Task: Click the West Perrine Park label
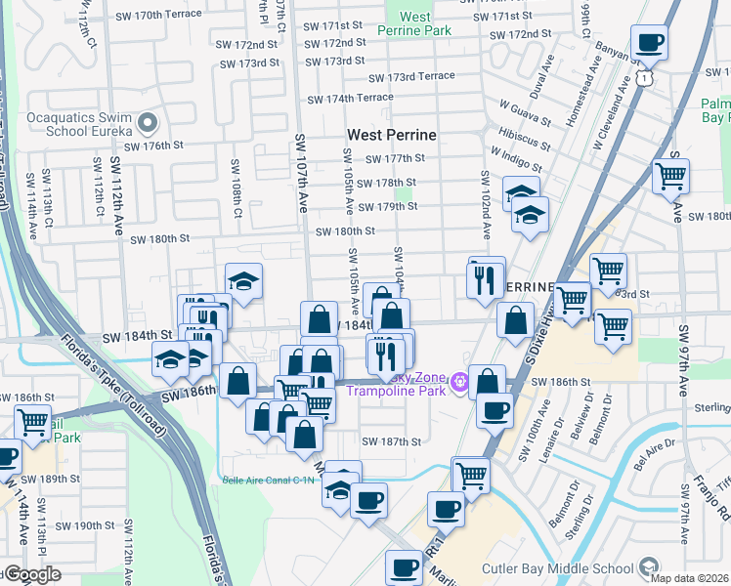pos(415,24)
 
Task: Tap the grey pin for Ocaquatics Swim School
pos(148,122)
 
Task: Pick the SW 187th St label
pos(391,441)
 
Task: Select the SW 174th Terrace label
pos(350,99)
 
